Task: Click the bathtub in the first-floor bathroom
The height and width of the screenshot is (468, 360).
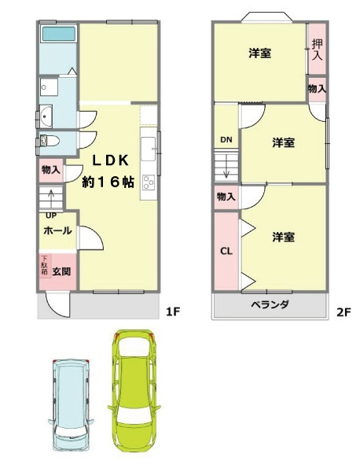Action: pos(57,35)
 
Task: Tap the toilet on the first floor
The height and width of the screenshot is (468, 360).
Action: pos(50,142)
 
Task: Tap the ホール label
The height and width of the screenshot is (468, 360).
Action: pos(57,231)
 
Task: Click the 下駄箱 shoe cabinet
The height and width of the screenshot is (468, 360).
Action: pos(45,265)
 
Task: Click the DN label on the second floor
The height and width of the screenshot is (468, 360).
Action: pos(226,141)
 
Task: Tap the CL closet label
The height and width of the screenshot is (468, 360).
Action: pos(226,252)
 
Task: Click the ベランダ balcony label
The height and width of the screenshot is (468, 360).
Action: pos(270,304)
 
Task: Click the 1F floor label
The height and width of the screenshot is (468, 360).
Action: pos(174,311)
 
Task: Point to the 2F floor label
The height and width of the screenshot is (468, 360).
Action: pos(343,311)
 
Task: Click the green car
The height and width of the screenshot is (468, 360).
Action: pos(136,389)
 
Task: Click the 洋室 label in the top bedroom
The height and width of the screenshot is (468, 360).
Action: pos(260,53)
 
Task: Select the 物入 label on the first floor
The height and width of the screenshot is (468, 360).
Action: pos(50,170)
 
